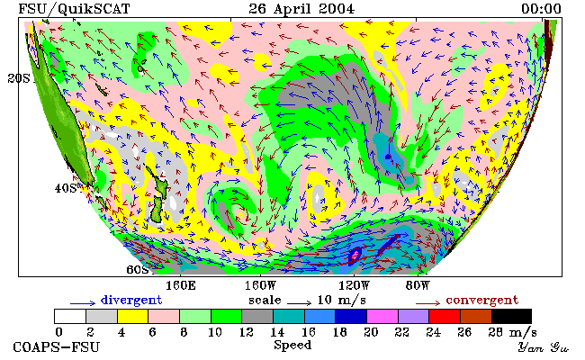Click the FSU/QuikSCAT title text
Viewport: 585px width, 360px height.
click(74, 9)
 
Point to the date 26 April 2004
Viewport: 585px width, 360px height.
click(301, 9)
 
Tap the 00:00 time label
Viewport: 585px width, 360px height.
click(541, 9)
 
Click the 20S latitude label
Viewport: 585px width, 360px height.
click(19, 78)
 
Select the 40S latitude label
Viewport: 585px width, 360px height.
click(66, 188)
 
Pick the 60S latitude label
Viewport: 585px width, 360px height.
click(138, 269)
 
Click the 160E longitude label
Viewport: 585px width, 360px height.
click(181, 286)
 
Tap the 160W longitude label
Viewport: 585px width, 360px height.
click(261, 286)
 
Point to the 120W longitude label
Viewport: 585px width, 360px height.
click(354, 286)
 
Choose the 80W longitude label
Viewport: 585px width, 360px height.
click(418, 286)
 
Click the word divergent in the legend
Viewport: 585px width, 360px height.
click(131, 300)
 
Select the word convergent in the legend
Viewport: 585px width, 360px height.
click(482, 300)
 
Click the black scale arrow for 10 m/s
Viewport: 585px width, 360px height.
click(299, 303)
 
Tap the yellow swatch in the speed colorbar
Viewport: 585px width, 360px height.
click(132, 316)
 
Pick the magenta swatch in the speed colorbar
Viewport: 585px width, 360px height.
click(382, 316)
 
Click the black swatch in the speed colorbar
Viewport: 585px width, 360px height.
click(511, 316)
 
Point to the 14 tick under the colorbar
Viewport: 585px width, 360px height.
click(277, 332)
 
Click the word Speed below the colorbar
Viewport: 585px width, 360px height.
click(292, 345)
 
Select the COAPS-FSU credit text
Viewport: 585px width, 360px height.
click(57, 347)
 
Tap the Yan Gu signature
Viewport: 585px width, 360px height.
click(544, 348)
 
